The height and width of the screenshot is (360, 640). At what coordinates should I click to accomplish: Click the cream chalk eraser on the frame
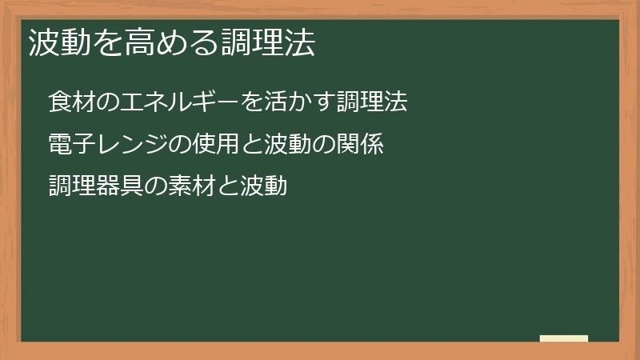click(564, 338)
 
